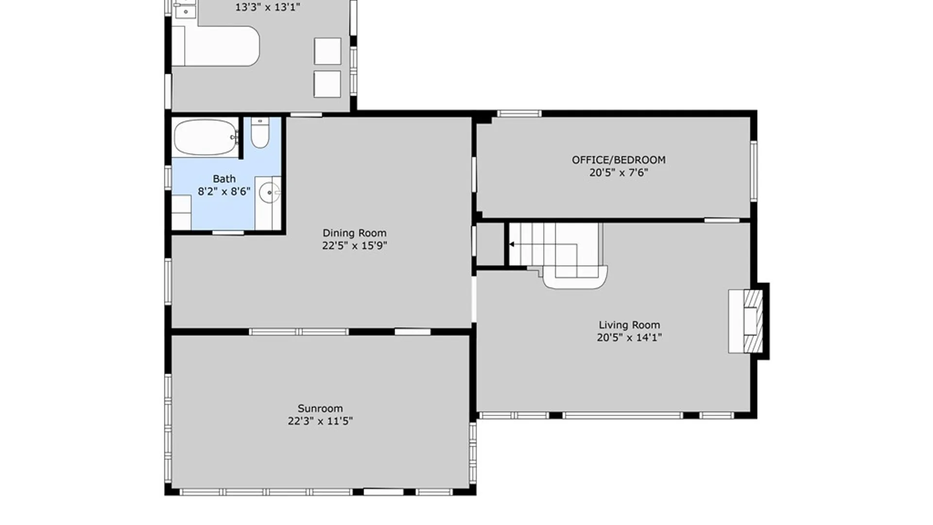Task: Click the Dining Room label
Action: [x=354, y=233]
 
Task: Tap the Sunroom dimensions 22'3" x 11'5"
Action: [x=320, y=421]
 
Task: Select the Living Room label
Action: [x=629, y=325]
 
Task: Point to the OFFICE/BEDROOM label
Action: [x=619, y=160]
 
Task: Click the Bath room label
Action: [x=224, y=179]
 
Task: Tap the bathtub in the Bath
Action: [x=206, y=138]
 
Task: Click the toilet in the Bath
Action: [x=260, y=132]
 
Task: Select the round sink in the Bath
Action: [x=269, y=193]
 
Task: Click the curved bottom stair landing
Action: [x=575, y=278]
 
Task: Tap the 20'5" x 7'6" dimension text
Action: [x=619, y=173]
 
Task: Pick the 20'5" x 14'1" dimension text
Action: [x=629, y=338]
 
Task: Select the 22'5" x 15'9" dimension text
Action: [x=354, y=245]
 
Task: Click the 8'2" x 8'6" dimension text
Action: [x=224, y=192]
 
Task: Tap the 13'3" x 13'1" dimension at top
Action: [x=267, y=7]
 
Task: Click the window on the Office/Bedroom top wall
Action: [x=519, y=114]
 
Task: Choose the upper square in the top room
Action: [x=327, y=51]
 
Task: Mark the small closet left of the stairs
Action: [x=490, y=244]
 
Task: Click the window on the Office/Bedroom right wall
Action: [x=754, y=171]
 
